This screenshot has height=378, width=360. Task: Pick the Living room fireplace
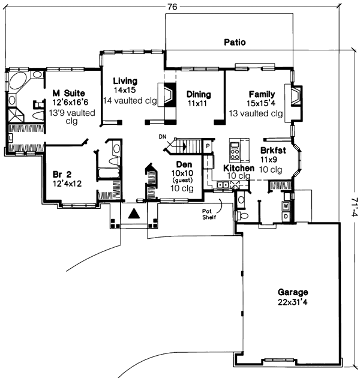coord(170,97)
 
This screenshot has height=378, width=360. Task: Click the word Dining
coord(198,94)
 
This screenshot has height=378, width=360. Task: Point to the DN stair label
coord(162,137)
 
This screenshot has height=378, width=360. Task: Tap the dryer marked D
coord(285,215)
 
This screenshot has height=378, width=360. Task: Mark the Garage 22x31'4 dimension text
coord(293,302)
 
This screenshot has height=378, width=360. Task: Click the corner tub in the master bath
coord(17,81)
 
